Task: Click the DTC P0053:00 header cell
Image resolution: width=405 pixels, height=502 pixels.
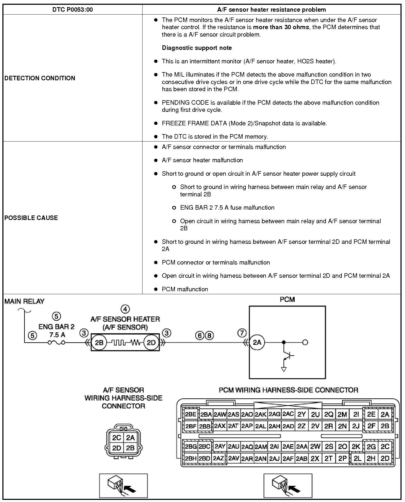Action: point(72,10)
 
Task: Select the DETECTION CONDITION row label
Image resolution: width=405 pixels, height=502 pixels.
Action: point(40,78)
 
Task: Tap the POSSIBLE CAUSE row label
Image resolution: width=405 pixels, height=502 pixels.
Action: point(31,218)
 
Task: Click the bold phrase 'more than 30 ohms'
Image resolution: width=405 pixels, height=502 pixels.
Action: point(281,27)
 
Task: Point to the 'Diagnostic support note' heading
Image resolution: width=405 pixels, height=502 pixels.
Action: point(197,48)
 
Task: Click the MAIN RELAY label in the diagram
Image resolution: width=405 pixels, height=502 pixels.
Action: point(24,301)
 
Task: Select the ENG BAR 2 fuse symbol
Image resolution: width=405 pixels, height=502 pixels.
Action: point(56,342)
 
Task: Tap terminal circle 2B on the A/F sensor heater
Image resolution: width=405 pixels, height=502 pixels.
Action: point(99,342)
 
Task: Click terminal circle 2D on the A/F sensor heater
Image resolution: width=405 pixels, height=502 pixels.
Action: point(151,342)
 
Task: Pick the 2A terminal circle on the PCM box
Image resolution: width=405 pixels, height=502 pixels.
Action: point(257,342)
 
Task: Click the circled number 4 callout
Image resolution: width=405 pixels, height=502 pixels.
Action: point(125,309)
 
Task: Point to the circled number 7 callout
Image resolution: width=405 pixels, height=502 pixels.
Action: point(242,333)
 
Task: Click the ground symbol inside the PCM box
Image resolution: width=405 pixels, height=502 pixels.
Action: point(284,369)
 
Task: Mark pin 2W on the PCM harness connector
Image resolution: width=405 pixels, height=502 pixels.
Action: point(315,447)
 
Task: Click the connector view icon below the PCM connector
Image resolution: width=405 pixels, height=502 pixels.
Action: point(288,486)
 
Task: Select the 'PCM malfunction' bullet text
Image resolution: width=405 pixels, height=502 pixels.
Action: point(185,289)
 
